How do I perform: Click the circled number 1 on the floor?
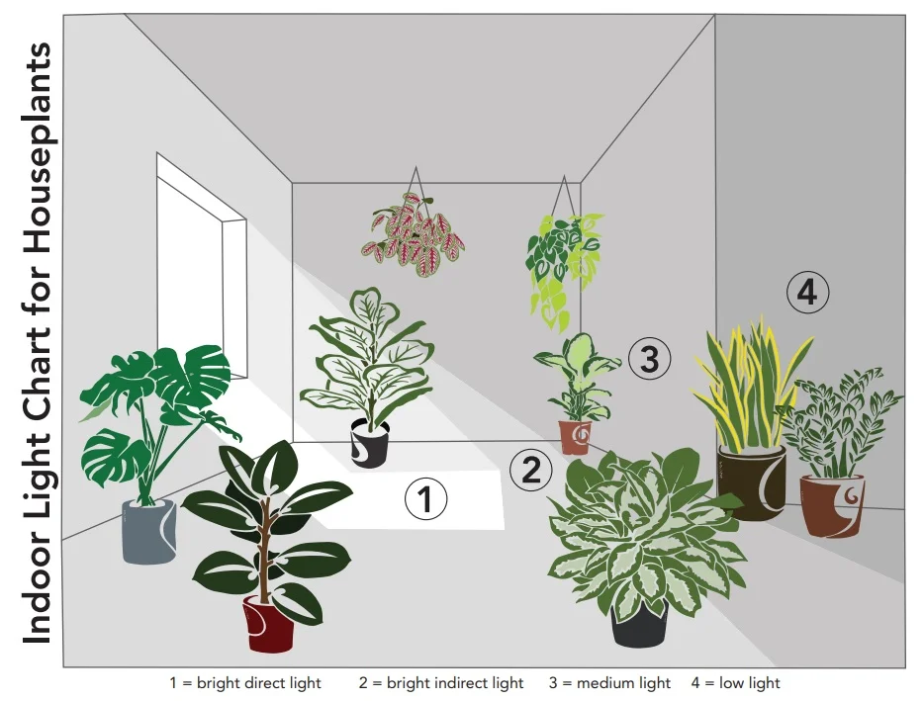[x=425, y=499]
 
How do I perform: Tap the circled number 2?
[x=531, y=470]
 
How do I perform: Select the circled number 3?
[x=649, y=359]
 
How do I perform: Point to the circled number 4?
[x=808, y=292]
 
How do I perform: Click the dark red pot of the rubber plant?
[x=268, y=623]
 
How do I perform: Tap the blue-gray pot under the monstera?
[x=149, y=531]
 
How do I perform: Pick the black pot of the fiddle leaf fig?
[x=369, y=443]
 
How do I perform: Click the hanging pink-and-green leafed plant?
[x=414, y=234]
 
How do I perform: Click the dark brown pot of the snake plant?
[x=752, y=483]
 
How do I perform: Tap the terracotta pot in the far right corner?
[x=832, y=505]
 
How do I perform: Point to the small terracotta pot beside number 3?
[x=575, y=437]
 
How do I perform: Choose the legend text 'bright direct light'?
[x=258, y=683]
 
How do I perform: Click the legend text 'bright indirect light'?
[x=455, y=683]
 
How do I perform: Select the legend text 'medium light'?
[x=623, y=683]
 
